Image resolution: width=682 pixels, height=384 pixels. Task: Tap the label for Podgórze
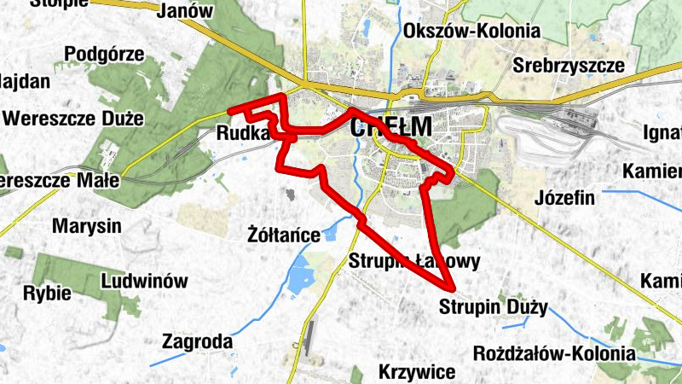point(104,54)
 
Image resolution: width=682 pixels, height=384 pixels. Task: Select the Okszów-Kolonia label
point(473,32)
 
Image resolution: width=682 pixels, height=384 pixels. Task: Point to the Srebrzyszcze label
point(569,65)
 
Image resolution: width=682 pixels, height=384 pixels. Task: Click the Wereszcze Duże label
point(73,119)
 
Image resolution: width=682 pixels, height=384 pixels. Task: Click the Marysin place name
point(87,227)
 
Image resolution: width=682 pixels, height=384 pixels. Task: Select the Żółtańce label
point(283,234)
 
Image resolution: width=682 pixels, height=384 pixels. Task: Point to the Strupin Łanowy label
point(415,261)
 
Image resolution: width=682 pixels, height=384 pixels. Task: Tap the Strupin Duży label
point(494,306)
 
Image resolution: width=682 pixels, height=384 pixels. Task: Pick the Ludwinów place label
point(143,280)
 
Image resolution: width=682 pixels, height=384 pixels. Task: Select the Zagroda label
point(197,342)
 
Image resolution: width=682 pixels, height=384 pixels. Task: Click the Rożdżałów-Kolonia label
point(554,352)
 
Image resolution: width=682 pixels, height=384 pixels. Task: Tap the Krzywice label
point(419,372)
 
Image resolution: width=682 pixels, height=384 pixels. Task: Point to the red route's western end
point(231,110)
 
